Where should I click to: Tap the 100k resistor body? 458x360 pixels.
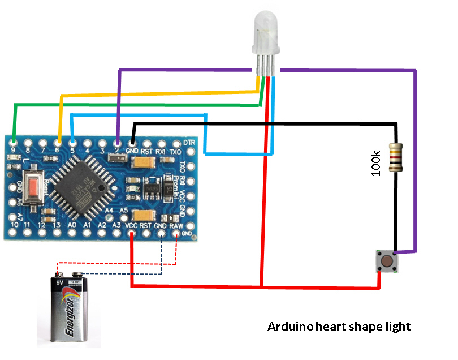(x=396, y=157)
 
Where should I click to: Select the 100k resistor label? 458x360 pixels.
(x=376, y=162)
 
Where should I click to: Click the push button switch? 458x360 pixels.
(x=387, y=262)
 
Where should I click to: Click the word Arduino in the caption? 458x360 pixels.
(x=291, y=327)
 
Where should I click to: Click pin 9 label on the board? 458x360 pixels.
(x=13, y=151)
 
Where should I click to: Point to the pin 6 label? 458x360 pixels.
(x=57, y=151)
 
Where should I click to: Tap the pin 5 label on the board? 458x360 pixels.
(x=72, y=151)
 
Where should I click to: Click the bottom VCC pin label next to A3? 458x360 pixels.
(x=131, y=225)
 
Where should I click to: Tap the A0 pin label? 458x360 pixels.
(x=72, y=225)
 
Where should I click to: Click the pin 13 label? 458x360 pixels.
(x=56, y=225)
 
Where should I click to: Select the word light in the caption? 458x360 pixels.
(x=397, y=327)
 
